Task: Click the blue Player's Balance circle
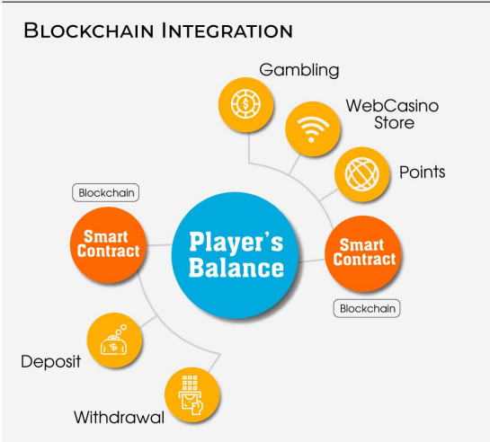point(235,255)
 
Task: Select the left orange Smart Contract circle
point(109,244)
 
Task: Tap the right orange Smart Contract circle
point(363,253)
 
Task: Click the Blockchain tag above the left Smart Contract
point(105,192)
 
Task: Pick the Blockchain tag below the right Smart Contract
point(367,308)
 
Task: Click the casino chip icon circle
point(245,104)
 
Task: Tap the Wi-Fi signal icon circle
point(313,128)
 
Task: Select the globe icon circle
point(361,174)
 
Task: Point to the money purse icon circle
point(114,340)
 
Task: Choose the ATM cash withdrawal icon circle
point(192,394)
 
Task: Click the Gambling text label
point(299,70)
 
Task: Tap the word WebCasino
point(392,106)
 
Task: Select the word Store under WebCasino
point(395,122)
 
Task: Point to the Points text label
point(423,172)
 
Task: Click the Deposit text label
point(51,362)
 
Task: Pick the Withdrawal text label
point(119,418)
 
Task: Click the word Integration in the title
point(227,31)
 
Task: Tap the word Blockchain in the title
point(89,31)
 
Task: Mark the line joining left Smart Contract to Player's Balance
point(159,244)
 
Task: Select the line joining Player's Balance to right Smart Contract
point(312,261)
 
